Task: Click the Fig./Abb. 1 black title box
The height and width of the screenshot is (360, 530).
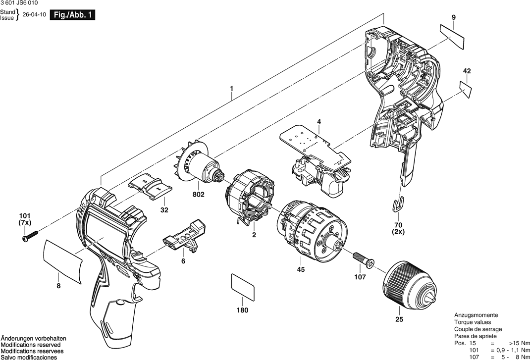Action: (72, 15)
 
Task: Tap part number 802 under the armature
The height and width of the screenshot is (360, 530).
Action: (199, 195)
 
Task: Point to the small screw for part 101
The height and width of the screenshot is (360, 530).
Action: (30, 235)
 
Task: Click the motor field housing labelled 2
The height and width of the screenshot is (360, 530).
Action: (250, 197)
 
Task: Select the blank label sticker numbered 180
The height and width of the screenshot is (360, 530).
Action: (243, 287)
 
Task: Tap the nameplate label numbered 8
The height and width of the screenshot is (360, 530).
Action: (63, 261)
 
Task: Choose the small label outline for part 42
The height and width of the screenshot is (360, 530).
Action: (465, 89)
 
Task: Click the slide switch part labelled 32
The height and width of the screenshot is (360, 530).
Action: (150, 186)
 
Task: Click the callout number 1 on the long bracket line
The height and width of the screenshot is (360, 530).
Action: (231, 89)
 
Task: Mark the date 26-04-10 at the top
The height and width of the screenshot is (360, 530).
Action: (34, 15)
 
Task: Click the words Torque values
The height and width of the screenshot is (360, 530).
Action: (473, 322)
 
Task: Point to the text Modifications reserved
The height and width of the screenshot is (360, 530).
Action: (31, 345)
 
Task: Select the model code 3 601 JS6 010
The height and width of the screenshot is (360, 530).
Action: (19, 2)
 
